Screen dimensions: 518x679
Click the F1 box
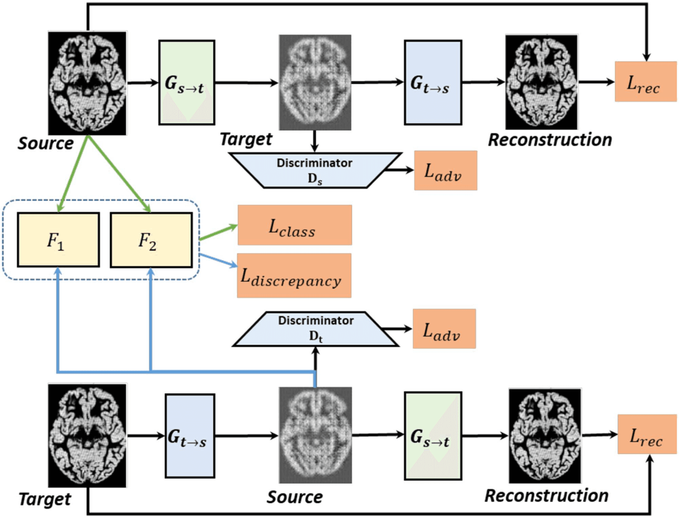58,240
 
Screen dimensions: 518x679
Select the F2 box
151,240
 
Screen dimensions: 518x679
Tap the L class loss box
295,225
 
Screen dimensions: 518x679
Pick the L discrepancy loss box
294,275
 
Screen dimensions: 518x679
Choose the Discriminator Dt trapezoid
315,329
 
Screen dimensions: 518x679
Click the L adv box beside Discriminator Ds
446,171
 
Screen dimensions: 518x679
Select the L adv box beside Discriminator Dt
444,329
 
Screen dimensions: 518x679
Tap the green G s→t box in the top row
187,82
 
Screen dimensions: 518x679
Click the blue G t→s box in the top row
433,82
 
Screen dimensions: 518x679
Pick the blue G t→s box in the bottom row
190,436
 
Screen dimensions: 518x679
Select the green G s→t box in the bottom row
433,436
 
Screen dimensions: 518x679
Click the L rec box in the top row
646,82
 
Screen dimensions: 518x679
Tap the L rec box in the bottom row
647,434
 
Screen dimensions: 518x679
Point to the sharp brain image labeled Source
87,83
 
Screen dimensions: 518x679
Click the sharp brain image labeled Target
87,436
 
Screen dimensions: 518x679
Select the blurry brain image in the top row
315,82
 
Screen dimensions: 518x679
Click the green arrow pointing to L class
218,232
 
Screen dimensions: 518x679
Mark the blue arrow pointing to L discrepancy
218,260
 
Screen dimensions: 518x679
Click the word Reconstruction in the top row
550,140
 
